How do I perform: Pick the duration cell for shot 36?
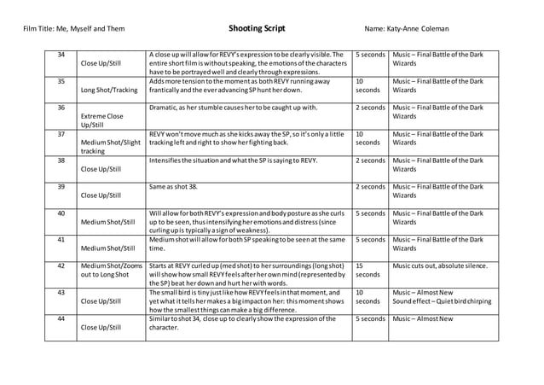coord(370,108)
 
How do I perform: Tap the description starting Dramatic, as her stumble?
coord(232,108)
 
